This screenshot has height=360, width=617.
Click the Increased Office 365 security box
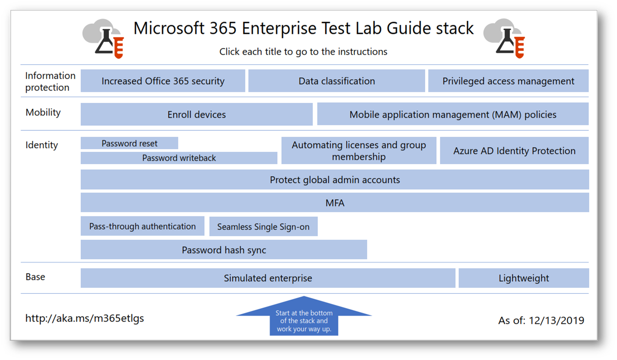pyautogui.click(x=163, y=81)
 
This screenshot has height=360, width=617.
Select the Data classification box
pyautogui.click(x=336, y=81)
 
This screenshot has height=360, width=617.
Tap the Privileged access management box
pyautogui.click(x=509, y=81)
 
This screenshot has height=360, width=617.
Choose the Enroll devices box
pyautogui.click(x=197, y=114)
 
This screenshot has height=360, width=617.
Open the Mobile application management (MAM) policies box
pyautogui.click(x=453, y=114)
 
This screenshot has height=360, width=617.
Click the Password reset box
pyautogui.click(x=130, y=143)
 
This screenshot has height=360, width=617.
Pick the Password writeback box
pyautogui.click(x=179, y=158)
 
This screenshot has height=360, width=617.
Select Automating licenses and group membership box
pyautogui.click(x=359, y=150)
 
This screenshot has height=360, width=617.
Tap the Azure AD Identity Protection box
pyautogui.click(x=514, y=150)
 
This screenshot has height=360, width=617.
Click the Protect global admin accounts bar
pyautogui.click(x=335, y=179)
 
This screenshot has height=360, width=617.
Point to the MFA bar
pyautogui.click(x=335, y=203)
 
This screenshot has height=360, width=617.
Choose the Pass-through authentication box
pyautogui.click(x=142, y=226)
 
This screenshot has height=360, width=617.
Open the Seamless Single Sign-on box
pyautogui.click(x=263, y=226)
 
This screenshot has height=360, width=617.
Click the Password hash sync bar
pyautogui.click(x=224, y=250)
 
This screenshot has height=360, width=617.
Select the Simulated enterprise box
pyautogui.click(x=268, y=278)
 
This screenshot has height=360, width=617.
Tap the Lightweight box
pyautogui.click(x=524, y=278)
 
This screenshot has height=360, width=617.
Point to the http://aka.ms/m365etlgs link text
pyautogui.click(x=85, y=318)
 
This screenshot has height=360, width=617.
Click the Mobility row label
pyautogui.click(x=43, y=113)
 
